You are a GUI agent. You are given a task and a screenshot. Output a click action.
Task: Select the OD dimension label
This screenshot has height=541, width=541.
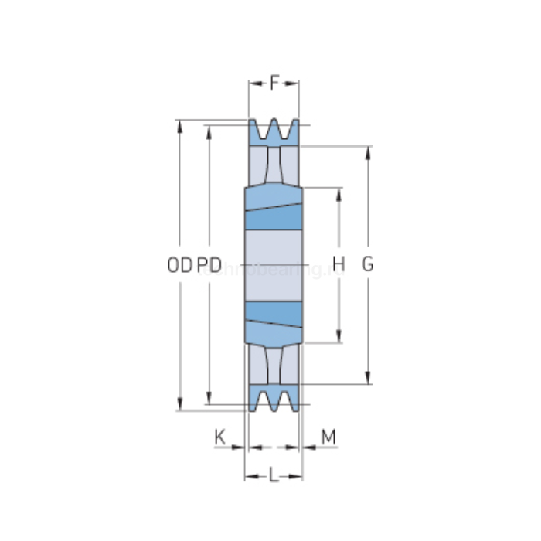(179, 265)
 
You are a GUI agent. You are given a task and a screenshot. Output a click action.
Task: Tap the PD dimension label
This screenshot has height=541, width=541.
(209, 265)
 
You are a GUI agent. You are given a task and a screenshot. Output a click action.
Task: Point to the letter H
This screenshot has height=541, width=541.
(339, 264)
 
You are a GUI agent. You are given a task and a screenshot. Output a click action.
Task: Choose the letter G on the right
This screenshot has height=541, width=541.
(368, 264)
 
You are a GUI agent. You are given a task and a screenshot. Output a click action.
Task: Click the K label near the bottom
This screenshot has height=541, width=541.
(219, 437)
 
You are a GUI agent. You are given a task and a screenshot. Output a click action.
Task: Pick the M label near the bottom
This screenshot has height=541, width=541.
(328, 437)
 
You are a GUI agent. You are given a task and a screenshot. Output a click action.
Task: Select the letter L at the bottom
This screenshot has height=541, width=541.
(274, 476)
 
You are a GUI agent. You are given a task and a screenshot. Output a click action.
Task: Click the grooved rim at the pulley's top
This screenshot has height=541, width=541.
(274, 132)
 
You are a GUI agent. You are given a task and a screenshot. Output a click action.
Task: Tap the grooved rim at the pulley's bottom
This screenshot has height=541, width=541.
(274, 397)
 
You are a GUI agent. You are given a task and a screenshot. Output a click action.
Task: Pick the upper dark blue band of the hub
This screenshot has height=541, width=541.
(274, 219)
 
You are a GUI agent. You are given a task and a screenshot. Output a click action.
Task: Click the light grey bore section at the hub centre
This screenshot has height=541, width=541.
(274, 264)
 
